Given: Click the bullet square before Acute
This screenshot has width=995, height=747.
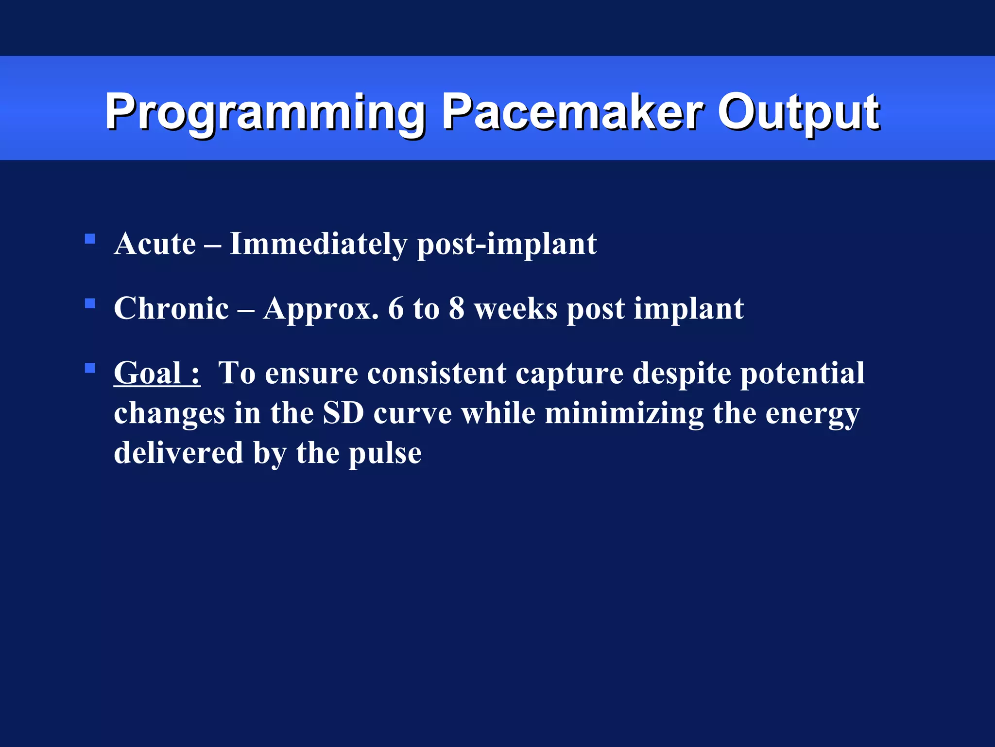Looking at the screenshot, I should tap(90, 239).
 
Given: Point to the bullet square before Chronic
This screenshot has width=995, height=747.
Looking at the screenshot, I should tap(90, 304).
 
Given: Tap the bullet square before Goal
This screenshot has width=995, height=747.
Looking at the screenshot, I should tap(90, 368).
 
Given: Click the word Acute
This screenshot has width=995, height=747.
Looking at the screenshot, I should tap(155, 244).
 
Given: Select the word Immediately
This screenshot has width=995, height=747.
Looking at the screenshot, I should tap(318, 244).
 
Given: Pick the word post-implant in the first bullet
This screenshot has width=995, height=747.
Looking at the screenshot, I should tap(507, 245).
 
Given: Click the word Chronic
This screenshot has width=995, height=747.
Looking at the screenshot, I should tap(171, 308).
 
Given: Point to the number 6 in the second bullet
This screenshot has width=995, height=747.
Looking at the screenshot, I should tap(395, 308).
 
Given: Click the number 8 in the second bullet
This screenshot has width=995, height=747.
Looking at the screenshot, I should tap(456, 308).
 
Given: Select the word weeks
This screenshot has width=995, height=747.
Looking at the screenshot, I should tap(515, 308).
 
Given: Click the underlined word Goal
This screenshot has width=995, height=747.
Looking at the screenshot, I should tap(148, 373).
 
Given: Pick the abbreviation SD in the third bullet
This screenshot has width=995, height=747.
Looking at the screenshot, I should tap(343, 413).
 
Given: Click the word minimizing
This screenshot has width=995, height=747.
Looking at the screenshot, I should tap(624, 414).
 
